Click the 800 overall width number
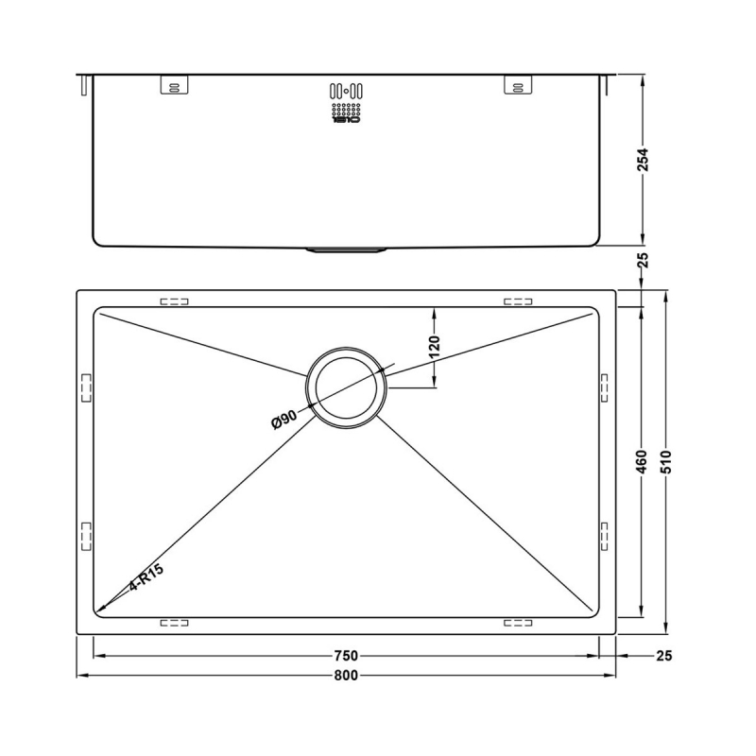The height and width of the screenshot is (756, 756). click(x=346, y=676)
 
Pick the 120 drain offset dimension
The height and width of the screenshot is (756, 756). click(x=435, y=348)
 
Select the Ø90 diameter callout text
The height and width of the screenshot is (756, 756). click(x=283, y=418)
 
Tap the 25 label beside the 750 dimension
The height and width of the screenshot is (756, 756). click(x=661, y=656)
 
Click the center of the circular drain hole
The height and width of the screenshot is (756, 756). click(x=346, y=388)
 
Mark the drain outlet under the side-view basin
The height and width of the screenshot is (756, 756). click(x=346, y=250)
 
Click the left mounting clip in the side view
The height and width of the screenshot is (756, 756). click(x=175, y=85)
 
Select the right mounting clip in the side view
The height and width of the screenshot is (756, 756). click(x=518, y=85)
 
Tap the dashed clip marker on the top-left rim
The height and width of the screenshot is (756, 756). click(x=175, y=302)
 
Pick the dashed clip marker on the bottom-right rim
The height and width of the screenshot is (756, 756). click(x=518, y=622)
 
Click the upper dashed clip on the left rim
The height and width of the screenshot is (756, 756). click(x=87, y=387)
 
